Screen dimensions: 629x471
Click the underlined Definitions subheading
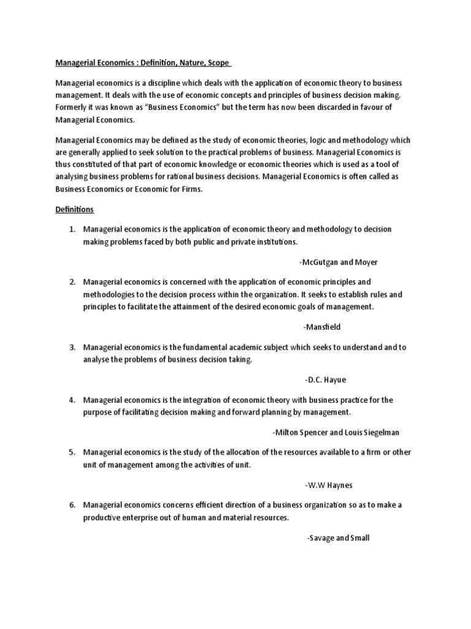[x=74, y=209]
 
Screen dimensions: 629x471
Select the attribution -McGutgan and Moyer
[x=339, y=262]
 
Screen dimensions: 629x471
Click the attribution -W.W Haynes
[x=329, y=485]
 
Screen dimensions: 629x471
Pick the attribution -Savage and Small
[x=338, y=538]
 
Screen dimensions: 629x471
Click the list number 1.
[x=72, y=229]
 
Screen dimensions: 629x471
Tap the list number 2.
[x=72, y=282]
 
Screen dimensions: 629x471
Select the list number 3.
[x=72, y=347]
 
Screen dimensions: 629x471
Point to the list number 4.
[x=72, y=400]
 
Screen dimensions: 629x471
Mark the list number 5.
[x=72, y=452]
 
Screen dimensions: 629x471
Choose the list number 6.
[x=72, y=505]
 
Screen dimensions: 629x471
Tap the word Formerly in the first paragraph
[x=73, y=107]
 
